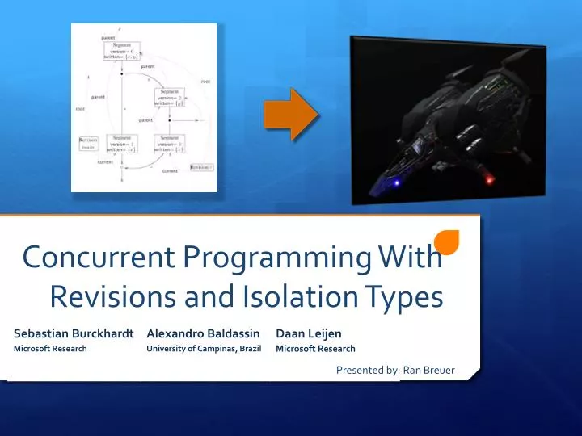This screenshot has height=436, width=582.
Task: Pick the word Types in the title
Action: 403,296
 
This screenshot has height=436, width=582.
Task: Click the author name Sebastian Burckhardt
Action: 74,333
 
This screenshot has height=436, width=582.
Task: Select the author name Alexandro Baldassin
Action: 203,333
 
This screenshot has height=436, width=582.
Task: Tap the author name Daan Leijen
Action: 309,333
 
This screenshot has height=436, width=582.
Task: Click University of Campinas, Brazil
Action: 204,349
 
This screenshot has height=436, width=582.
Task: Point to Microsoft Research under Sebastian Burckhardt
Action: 50,349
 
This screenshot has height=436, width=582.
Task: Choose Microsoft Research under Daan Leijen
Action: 315,349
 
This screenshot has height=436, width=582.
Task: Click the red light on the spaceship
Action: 487,179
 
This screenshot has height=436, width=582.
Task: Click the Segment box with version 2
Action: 170,98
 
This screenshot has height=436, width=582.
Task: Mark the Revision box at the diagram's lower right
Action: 201,166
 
